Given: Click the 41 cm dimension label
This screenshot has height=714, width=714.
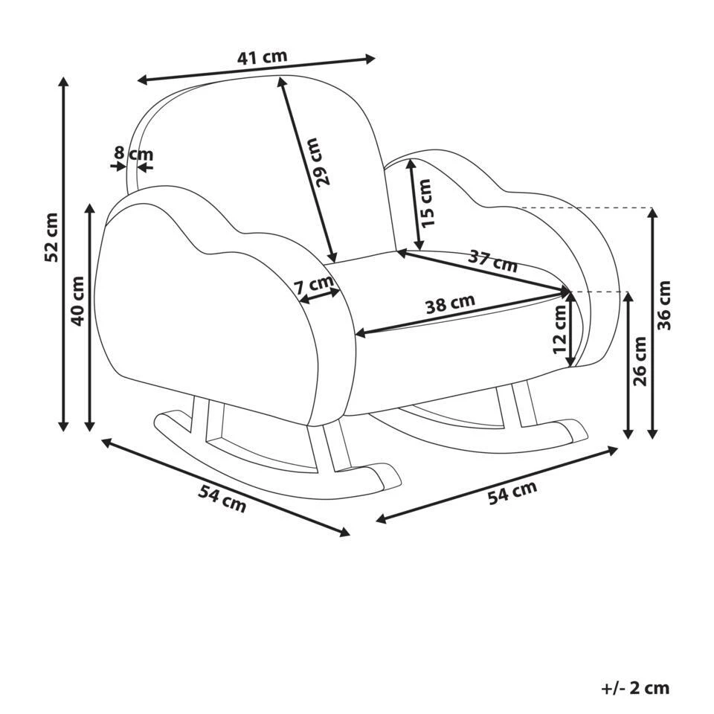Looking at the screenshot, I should click(262, 57).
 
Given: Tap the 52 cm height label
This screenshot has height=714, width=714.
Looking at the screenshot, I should click(51, 237).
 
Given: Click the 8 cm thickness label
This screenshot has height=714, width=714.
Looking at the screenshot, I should click(132, 154).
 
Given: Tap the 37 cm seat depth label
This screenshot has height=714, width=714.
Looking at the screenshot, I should click(492, 260).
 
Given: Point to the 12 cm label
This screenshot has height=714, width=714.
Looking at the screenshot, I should click(559, 329).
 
